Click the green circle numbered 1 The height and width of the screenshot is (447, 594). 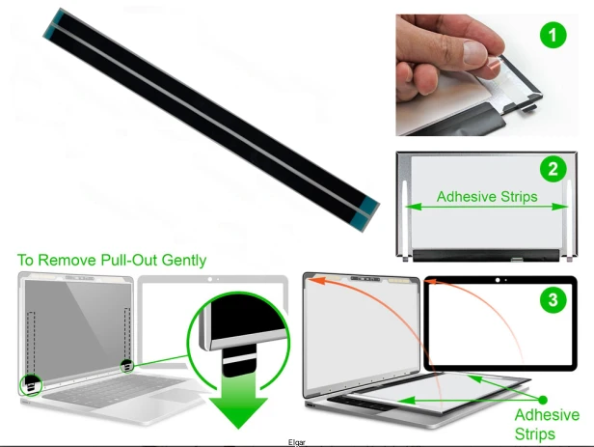tap(553, 35)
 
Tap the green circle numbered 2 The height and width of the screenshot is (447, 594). tap(553, 169)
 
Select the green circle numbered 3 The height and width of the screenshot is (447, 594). tap(553, 300)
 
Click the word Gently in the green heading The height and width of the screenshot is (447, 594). tap(184, 261)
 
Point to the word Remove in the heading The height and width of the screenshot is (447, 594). tap(67, 260)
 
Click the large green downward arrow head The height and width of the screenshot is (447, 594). tap(238, 412)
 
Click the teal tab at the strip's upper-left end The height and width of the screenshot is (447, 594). tap(53, 24)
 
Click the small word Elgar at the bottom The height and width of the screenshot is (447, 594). tap(297, 442)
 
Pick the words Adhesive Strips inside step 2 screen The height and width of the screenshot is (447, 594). tap(487, 197)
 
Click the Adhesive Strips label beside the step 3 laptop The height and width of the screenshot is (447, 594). tap(547, 424)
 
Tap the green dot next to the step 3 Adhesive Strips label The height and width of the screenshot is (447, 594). tap(543, 400)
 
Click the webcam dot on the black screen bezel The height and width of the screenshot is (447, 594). tap(498, 280)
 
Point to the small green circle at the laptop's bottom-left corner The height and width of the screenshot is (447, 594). tap(31, 385)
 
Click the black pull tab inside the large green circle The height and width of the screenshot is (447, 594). tap(239, 360)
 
